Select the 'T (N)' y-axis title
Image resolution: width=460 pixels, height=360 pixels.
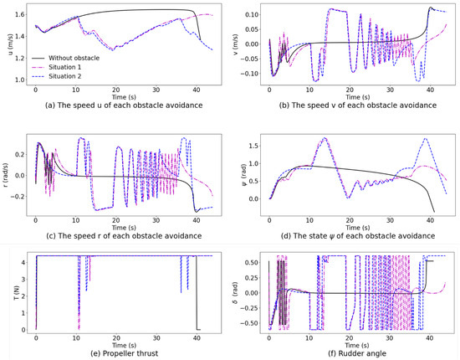point(12,293)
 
